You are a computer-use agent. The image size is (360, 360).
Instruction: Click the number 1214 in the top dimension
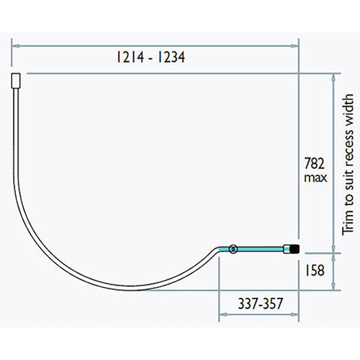(x=130, y=57)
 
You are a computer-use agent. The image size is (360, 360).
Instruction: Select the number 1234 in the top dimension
(x=170, y=57)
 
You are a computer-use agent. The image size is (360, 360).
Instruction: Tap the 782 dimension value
(x=315, y=164)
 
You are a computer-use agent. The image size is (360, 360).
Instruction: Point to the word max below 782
(x=315, y=178)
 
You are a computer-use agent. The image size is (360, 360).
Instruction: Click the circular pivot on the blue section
(x=232, y=249)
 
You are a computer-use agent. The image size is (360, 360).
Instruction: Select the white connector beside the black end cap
(x=287, y=249)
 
